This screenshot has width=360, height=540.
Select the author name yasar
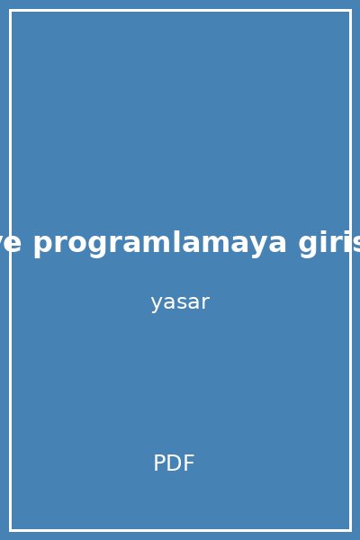[180, 302]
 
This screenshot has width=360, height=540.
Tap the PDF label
[174, 463]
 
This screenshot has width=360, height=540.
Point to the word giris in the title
[329, 243]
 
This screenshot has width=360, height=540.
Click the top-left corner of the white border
[10, 10]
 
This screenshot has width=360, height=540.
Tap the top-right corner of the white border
[350, 10]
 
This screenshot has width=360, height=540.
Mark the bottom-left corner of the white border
[10, 530]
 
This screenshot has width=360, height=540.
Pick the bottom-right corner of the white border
[350, 530]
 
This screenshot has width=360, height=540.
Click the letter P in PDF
[159, 463]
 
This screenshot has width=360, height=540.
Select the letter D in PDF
[174, 463]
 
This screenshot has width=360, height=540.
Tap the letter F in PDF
[188, 463]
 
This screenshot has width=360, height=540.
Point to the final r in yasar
[205, 302]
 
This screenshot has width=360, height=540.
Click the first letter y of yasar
[156, 304]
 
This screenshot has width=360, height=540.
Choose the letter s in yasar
[180, 302]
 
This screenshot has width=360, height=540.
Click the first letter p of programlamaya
[42, 245]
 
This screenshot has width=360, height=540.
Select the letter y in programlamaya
[255, 245]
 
